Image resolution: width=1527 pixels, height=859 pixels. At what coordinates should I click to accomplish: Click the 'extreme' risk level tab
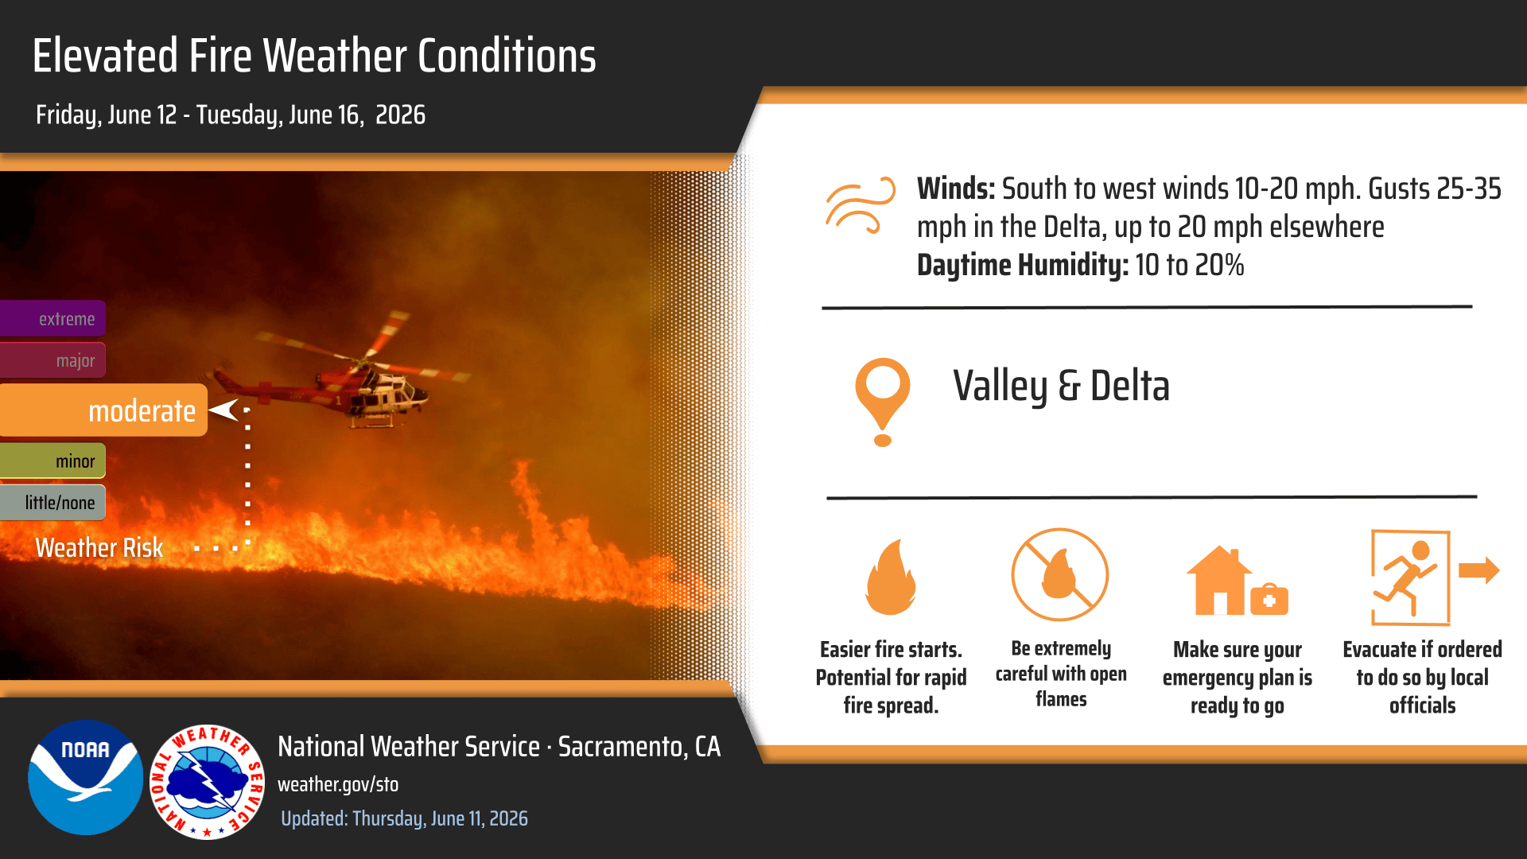click(x=52, y=318)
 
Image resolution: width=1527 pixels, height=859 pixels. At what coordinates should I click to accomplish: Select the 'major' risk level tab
click(x=52, y=360)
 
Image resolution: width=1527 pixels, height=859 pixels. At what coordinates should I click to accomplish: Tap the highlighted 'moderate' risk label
click(x=103, y=410)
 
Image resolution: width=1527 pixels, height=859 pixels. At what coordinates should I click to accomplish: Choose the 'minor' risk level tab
click(x=52, y=461)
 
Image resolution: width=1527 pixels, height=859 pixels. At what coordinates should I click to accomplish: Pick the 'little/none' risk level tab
click(x=52, y=503)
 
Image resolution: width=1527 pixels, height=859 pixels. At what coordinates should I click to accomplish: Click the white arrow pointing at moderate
click(x=224, y=410)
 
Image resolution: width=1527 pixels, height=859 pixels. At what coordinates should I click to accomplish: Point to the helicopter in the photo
click(x=342, y=374)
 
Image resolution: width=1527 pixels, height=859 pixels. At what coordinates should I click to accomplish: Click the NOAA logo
click(x=86, y=777)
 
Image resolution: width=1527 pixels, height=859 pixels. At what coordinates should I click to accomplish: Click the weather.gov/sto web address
click(x=338, y=784)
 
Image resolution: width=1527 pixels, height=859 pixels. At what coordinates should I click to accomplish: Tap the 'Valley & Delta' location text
click(x=1062, y=387)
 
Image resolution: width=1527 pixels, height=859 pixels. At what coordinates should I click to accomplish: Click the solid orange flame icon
click(x=891, y=577)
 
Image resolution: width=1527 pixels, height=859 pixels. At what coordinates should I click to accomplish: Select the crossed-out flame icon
click(x=1060, y=574)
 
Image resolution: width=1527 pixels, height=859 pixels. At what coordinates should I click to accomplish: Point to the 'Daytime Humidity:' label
click(x=1023, y=265)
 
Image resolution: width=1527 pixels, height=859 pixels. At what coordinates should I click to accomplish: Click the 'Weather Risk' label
click(x=99, y=548)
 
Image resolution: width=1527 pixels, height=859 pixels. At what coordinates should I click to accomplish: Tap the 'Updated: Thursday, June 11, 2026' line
click(x=404, y=818)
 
